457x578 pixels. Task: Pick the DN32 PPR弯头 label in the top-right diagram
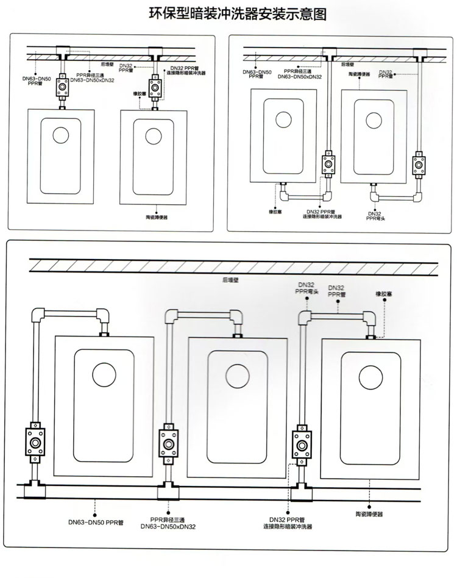tap(375, 216)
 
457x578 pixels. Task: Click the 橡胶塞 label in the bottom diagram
tap(384, 294)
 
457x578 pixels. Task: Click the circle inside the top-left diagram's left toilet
tap(61, 134)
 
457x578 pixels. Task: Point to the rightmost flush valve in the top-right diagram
tap(419, 165)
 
